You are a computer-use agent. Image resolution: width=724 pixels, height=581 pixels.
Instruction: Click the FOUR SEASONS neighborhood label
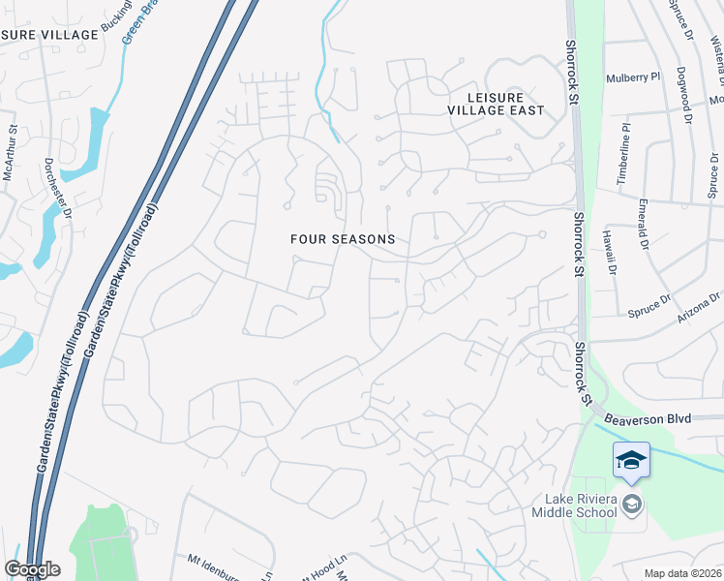(x=344, y=238)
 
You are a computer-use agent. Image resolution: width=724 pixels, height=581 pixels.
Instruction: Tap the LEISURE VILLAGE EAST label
(x=495, y=104)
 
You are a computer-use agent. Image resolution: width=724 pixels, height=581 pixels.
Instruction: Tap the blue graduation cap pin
(x=631, y=459)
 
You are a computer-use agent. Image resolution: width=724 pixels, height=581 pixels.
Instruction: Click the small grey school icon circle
(x=632, y=504)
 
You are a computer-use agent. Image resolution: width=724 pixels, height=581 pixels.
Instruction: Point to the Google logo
(x=32, y=569)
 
